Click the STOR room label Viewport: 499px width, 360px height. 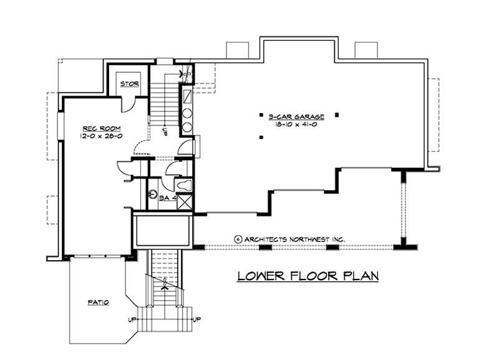coord(130,84)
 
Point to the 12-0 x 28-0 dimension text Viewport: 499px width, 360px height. coord(95,135)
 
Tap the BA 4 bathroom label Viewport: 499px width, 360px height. coord(165,198)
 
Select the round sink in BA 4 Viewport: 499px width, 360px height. coord(152,193)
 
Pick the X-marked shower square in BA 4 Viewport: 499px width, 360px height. coord(185,202)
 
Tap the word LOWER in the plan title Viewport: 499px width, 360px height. coord(258,275)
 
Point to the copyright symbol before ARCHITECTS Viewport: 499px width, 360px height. coord(238,239)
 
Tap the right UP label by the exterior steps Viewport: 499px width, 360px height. coord(197,320)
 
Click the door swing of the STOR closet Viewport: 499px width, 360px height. coord(127,103)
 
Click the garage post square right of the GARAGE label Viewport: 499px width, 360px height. coord(337,115)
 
